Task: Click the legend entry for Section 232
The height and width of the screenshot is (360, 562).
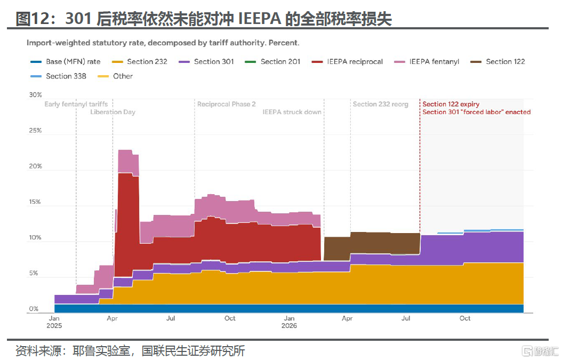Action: pos(140,62)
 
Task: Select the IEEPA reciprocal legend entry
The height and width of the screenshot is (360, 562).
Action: pos(347,62)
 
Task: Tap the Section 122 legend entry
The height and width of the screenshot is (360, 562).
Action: pos(497,62)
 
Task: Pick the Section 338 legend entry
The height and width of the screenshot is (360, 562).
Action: pos(59,76)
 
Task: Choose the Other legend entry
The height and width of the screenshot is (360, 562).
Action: pos(115,76)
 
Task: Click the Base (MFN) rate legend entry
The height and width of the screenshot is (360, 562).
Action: pos(66,62)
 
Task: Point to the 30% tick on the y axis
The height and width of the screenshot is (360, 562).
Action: pos(36,94)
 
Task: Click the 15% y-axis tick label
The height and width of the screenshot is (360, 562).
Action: pos(35,202)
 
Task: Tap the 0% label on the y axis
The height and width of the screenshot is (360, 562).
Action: pos(34,309)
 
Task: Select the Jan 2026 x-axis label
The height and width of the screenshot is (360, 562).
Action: pos(289,322)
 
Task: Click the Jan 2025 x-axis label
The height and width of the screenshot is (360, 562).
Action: pos(54,322)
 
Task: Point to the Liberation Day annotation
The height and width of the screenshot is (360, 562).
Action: pos(113,112)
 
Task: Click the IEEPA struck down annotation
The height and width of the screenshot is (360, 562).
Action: pos(292,112)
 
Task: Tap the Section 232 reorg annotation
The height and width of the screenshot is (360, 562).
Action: pos(381,104)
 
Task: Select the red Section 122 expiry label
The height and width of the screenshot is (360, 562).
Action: pos(451,104)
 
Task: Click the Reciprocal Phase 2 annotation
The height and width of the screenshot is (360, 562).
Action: pos(227,104)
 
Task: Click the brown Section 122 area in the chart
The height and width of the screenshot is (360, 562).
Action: pos(372,244)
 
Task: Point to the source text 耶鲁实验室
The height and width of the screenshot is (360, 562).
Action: pos(101,350)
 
